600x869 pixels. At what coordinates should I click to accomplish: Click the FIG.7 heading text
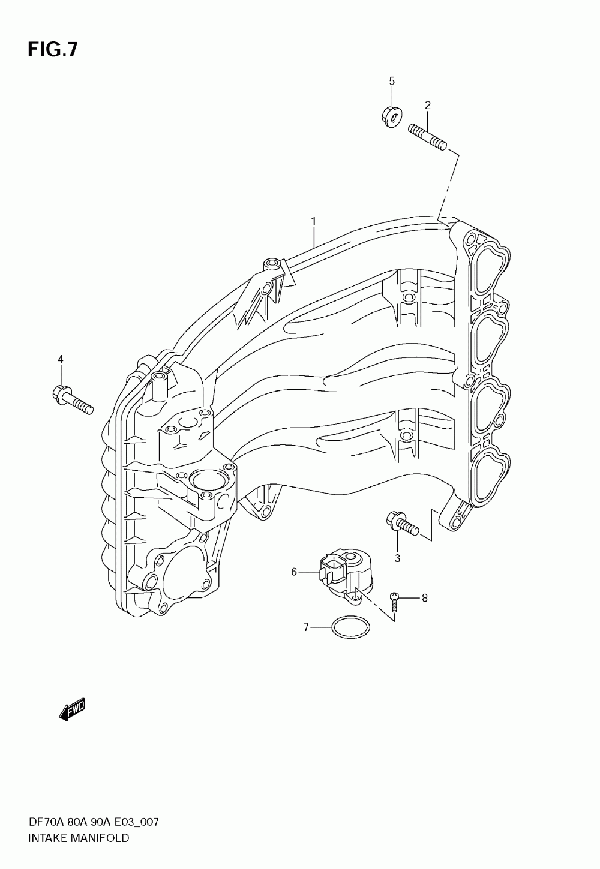pos(52,49)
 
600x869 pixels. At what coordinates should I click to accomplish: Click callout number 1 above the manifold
pos(313,222)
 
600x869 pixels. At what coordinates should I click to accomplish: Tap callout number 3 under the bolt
pos(397,558)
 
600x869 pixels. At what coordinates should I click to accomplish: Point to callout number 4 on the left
pos(60,359)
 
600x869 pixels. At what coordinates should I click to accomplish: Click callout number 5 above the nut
pos(391,80)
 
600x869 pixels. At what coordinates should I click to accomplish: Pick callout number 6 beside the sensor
pos(294,572)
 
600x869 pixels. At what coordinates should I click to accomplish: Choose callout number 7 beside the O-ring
pos(306,627)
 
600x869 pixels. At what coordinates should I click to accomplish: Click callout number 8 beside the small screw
pos(424,597)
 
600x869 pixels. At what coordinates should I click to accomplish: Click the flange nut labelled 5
pos(391,117)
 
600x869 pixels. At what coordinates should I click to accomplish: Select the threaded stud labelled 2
pos(428,137)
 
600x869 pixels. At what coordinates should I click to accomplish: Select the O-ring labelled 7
pos(351,627)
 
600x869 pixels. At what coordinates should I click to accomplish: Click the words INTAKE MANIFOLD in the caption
pos(79,838)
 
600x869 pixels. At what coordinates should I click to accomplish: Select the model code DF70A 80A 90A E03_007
pos(93,822)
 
